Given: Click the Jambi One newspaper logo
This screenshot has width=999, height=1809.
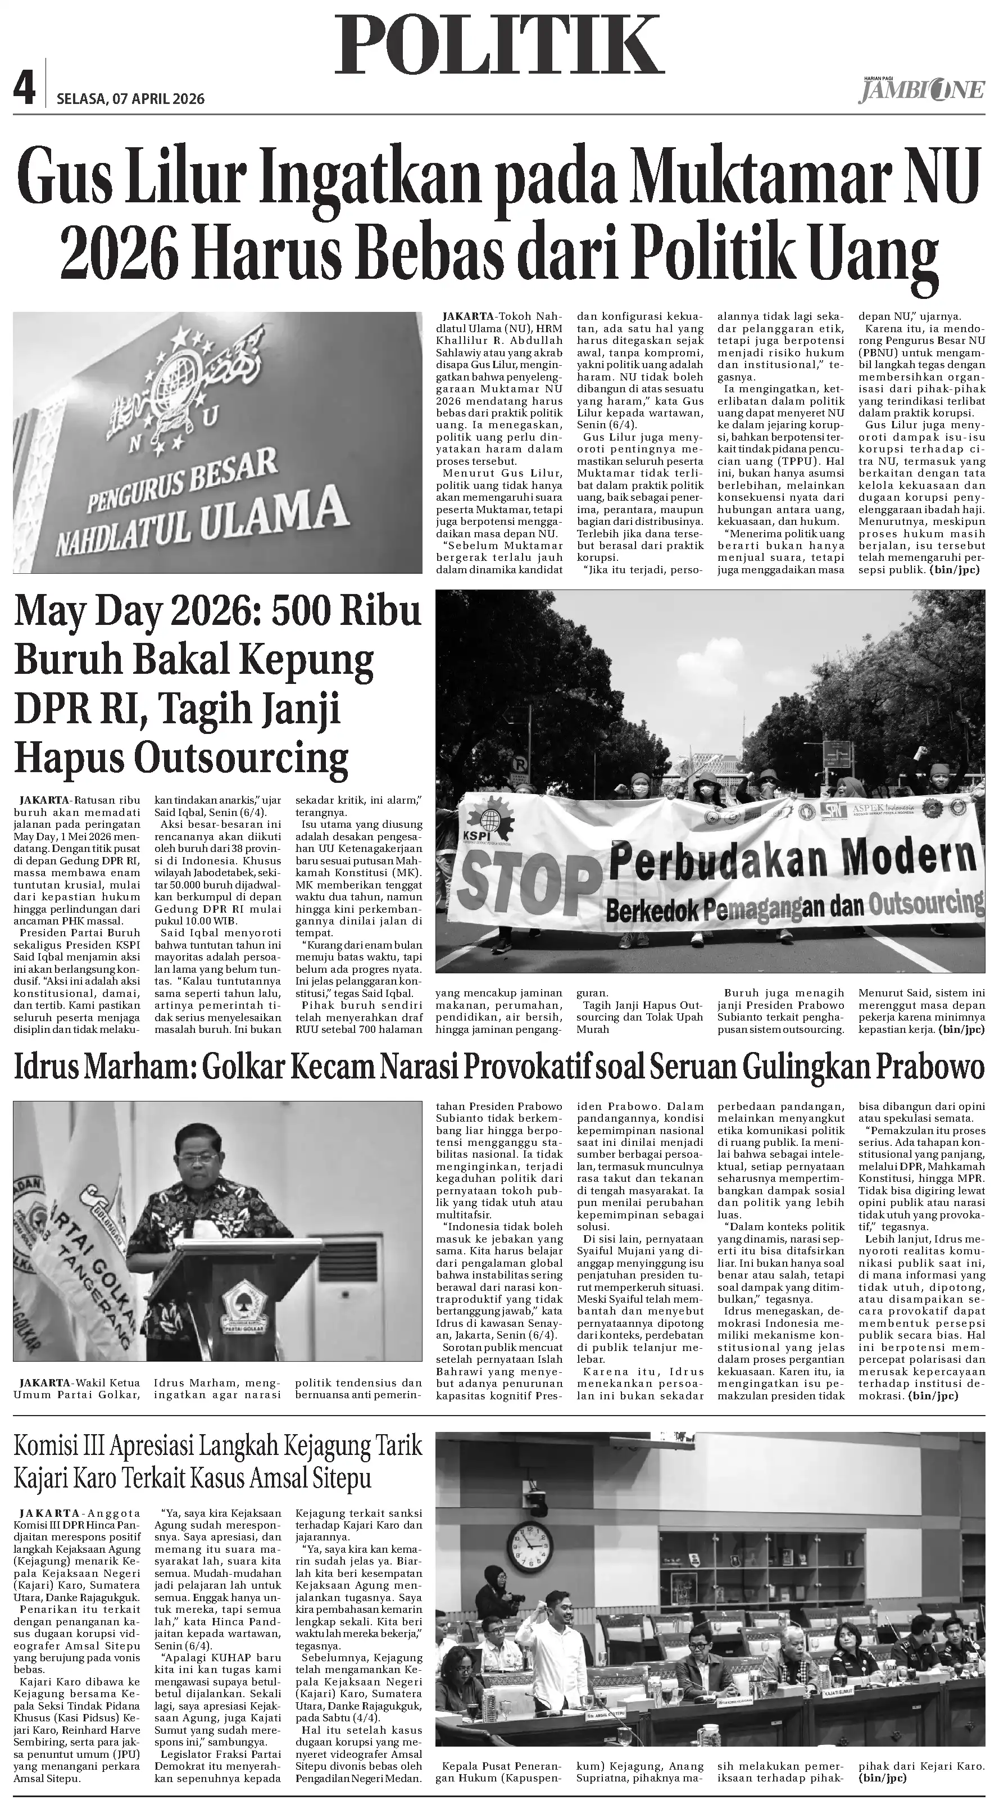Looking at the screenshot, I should [x=920, y=90].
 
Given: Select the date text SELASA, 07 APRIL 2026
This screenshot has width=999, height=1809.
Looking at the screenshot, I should [x=130, y=99].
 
